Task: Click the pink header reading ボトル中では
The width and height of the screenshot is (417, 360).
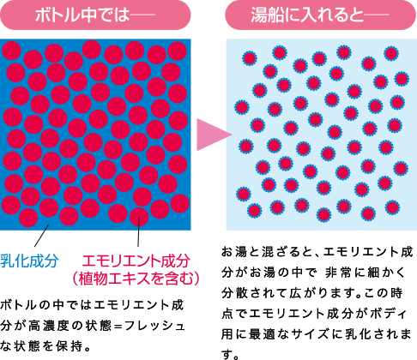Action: click(x=95, y=15)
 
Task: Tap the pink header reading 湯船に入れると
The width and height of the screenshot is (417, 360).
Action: click(x=321, y=15)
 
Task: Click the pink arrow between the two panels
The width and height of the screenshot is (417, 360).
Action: click(x=214, y=135)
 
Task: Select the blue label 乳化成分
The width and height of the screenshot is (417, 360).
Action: click(x=29, y=261)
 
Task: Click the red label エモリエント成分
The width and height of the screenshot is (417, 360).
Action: click(x=136, y=261)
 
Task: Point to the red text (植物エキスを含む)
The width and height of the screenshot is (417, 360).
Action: click(x=136, y=278)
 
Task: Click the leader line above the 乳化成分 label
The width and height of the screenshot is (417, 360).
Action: click(x=41, y=236)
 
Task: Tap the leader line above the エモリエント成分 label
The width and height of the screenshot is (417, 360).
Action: click(x=138, y=231)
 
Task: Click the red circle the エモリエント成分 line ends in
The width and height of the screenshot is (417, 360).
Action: click(x=139, y=217)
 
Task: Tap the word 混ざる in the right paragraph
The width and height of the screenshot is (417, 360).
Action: click(x=276, y=252)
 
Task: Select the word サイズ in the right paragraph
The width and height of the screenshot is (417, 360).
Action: click(x=312, y=334)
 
